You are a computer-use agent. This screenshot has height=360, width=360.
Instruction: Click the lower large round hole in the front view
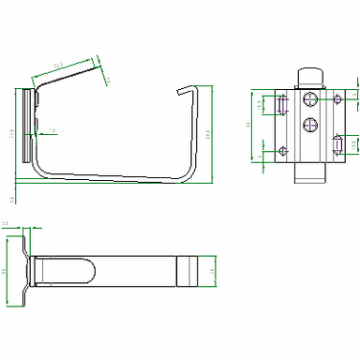click(x=309, y=124)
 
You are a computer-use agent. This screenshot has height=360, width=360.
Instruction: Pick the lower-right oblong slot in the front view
click(x=337, y=143)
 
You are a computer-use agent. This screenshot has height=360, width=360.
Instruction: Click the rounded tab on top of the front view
click(x=309, y=78)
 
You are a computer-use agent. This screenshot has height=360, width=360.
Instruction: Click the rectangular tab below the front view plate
click(x=310, y=172)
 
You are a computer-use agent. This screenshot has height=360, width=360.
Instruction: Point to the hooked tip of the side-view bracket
click(x=187, y=90)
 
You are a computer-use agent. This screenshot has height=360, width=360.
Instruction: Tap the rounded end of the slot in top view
click(x=92, y=271)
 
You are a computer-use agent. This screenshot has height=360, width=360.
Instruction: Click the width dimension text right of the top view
click(x=212, y=271)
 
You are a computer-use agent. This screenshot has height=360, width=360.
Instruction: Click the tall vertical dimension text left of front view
click(x=249, y=124)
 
